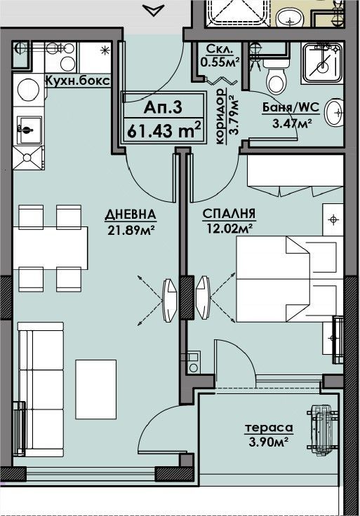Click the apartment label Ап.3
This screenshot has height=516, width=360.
(x=163, y=107)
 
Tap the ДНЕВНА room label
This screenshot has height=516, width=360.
(x=131, y=215)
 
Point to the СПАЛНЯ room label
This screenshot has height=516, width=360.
(x=229, y=214)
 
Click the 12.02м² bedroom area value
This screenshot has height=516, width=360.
(x=229, y=228)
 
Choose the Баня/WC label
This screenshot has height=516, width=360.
(x=291, y=107)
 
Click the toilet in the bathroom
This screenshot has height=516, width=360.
(x=276, y=76)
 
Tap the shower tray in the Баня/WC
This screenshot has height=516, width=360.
(x=322, y=62)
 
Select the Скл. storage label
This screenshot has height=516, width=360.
(x=220, y=49)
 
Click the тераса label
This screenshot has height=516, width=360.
(x=269, y=428)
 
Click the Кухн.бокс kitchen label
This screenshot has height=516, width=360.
(x=77, y=81)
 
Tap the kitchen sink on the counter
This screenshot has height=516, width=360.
(x=29, y=130)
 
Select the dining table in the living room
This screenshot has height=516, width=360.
(x=51, y=247)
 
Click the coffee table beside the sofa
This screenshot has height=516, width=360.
(x=96, y=389)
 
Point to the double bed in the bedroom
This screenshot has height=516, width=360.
(x=290, y=279)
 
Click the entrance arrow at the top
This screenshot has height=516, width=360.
(x=154, y=11)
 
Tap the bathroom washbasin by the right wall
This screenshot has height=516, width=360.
(x=333, y=112)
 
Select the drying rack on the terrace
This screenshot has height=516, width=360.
(x=322, y=430)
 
